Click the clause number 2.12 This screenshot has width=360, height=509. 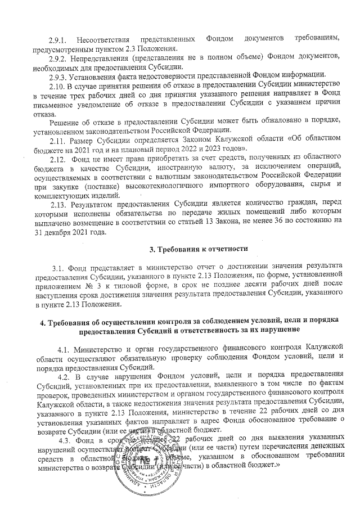click(x=59, y=160)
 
